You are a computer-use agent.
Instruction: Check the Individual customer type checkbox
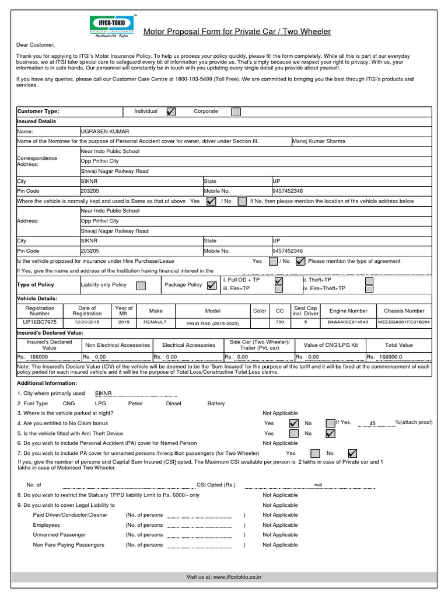pyautogui.click(x=171, y=112)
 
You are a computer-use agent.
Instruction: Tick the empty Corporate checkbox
pyautogui.click(x=236, y=112)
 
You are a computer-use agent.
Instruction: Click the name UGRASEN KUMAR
pyautogui.click(x=104, y=131)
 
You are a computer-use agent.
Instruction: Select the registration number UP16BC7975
pyautogui.click(x=40, y=322)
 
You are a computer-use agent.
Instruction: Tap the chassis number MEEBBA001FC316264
pyautogui.click(x=404, y=322)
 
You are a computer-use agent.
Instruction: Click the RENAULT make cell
pyautogui.click(x=155, y=322)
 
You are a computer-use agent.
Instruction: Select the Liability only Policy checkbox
pyautogui.click(x=141, y=286)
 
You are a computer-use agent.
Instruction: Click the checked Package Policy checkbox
pyautogui.click(x=211, y=286)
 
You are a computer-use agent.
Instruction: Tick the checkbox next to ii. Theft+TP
pyautogui.click(x=369, y=281)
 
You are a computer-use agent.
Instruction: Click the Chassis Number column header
pyautogui.click(x=404, y=311)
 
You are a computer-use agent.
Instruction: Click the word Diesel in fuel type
pyautogui.click(x=174, y=404)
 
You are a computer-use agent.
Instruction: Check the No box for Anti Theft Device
pyautogui.click(x=330, y=433)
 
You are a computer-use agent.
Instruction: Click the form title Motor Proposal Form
pyautogui.click(x=237, y=32)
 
